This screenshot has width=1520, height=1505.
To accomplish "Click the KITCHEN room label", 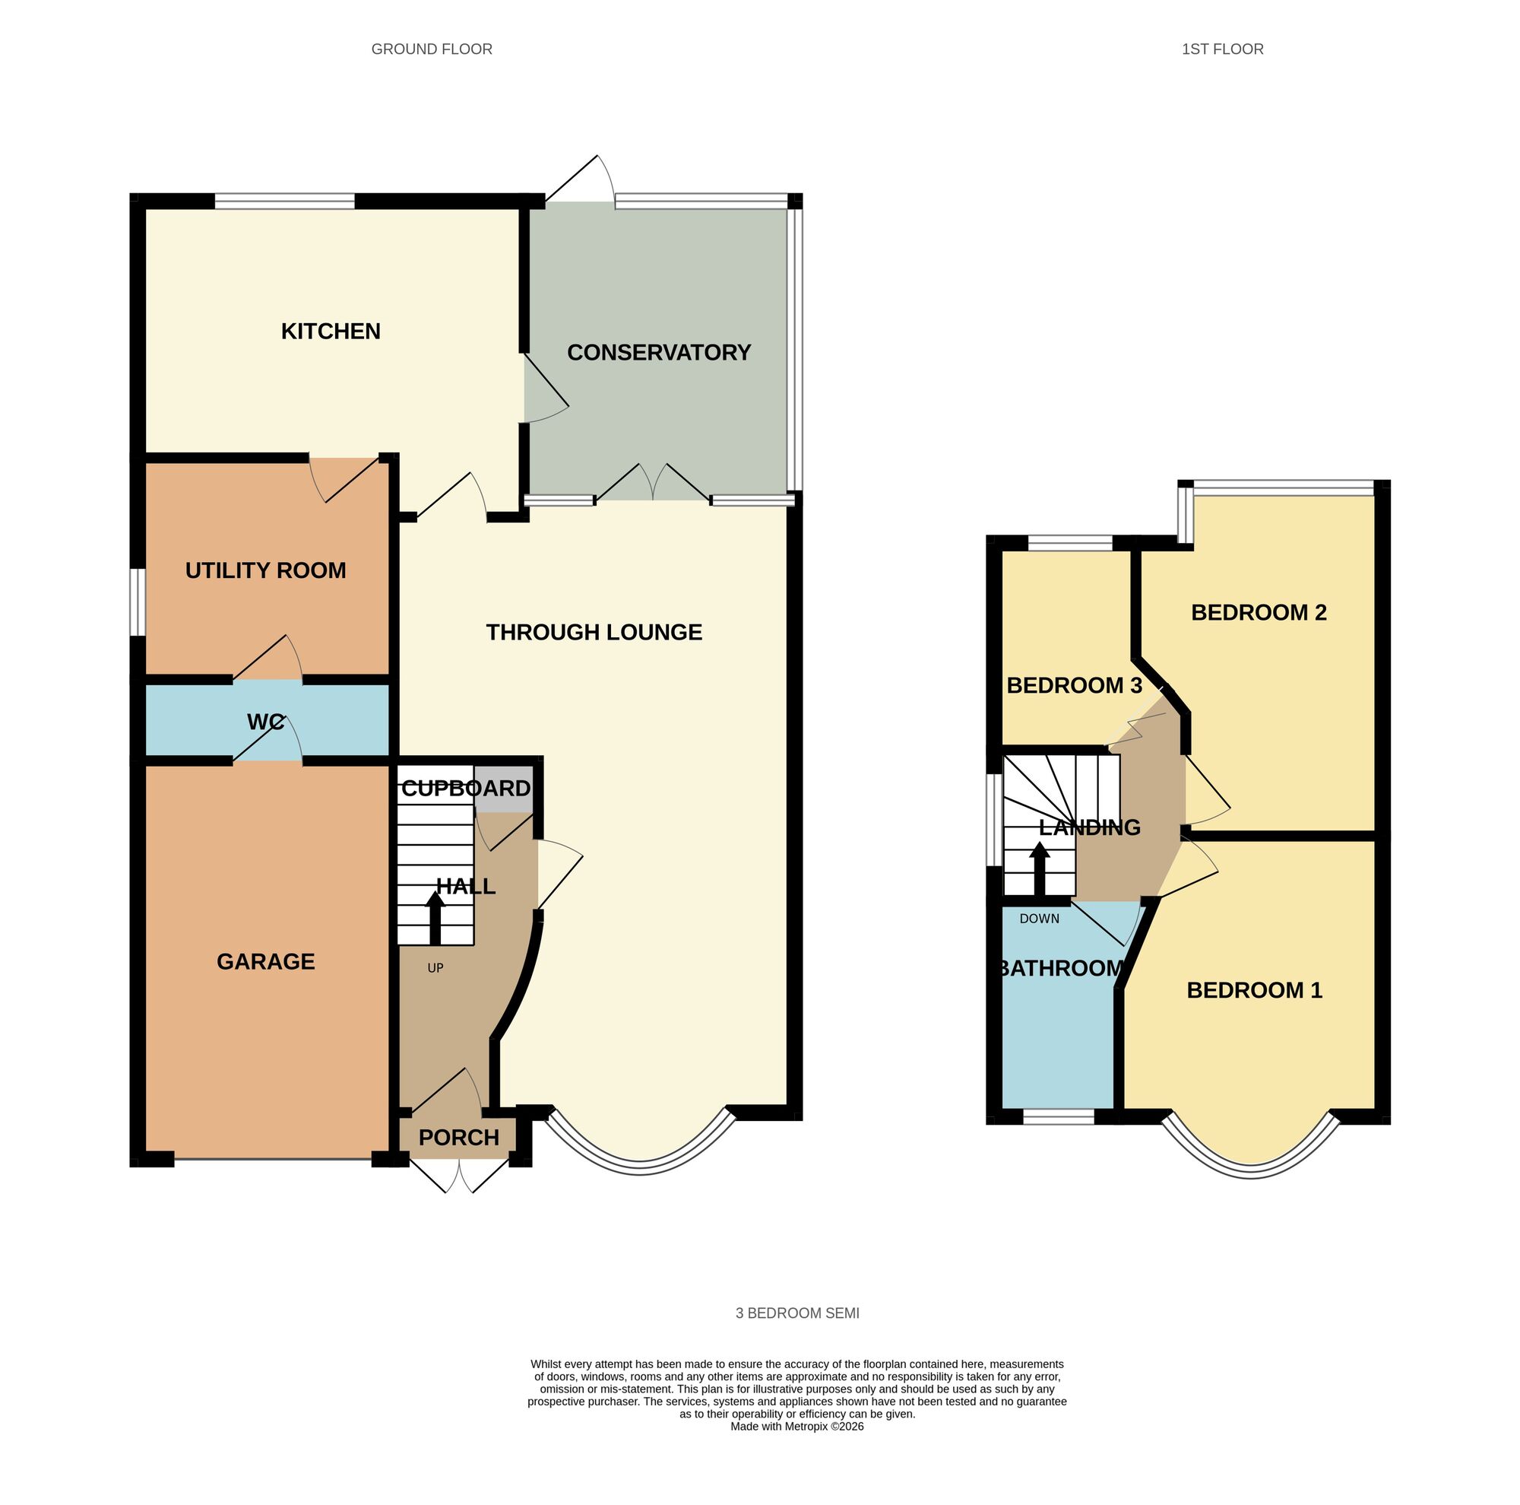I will (x=331, y=332).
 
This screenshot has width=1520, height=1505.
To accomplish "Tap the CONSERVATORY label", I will (x=658, y=353).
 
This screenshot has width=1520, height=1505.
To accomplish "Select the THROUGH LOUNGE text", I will (x=594, y=632).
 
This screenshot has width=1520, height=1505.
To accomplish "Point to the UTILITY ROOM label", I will (x=265, y=570).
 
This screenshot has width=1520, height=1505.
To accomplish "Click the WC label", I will (x=265, y=722).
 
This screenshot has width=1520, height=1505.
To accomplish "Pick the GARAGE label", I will (x=265, y=961).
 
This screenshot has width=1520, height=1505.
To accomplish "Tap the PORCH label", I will (x=459, y=1138).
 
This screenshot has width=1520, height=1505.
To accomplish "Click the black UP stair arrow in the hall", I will (x=435, y=918).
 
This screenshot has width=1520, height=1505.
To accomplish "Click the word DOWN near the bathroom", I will (x=1039, y=919).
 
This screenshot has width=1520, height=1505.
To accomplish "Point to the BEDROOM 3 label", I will (x=1074, y=686).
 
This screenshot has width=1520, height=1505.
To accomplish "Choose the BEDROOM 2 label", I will (x=1259, y=612).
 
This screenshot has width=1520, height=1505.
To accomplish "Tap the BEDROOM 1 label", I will (x=1254, y=990).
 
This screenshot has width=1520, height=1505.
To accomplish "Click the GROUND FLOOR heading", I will (x=431, y=49).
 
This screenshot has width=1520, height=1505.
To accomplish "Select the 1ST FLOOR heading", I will (x=1222, y=49).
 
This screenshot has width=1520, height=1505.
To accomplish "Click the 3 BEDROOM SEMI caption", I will (x=797, y=1313).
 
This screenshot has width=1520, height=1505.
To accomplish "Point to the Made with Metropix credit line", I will (x=797, y=1426).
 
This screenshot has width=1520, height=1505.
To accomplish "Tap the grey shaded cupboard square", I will (x=504, y=789).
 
